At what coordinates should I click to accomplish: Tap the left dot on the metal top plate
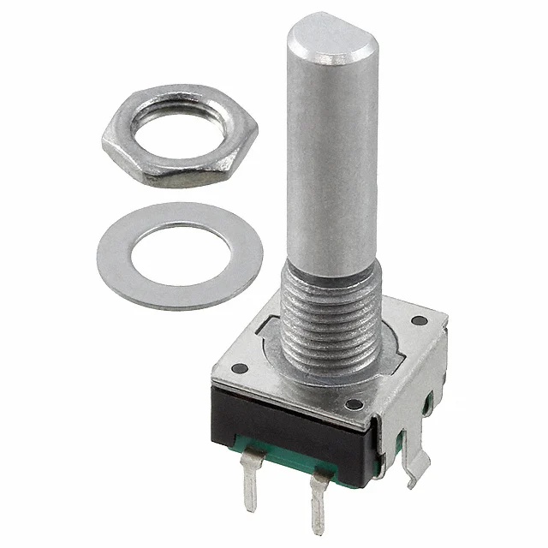[241, 369]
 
